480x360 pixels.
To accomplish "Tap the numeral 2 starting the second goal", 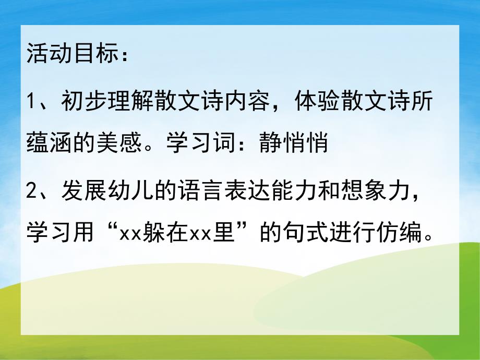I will [x=32, y=188].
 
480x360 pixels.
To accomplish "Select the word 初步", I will [x=84, y=100].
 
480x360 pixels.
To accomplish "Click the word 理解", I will [x=131, y=100].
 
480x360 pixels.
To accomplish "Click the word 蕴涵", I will [x=49, y=143].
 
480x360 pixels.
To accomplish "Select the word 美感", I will [x=119, y=143].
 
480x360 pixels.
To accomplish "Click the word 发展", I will [x=84, y=188].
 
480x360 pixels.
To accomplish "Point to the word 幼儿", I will [x=131, y=188].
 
